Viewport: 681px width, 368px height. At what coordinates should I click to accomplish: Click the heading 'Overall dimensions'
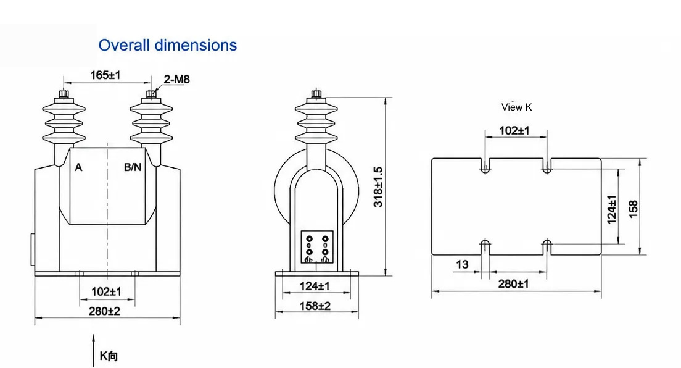click(168, 45)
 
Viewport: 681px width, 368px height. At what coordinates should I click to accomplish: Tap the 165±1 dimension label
click(105, 75)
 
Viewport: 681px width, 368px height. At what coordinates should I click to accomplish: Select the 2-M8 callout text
click(177, 79)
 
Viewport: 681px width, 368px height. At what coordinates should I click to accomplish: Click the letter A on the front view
click(78, 167)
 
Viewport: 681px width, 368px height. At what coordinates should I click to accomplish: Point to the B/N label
click(133, 167)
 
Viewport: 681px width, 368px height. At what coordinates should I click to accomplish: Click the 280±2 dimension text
click(104, 311)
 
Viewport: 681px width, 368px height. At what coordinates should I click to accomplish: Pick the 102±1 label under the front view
click(106, 291)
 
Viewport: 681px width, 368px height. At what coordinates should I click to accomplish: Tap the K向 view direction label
click(109, 356)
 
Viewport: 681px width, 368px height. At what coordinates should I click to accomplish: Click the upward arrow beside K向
click(93, 350)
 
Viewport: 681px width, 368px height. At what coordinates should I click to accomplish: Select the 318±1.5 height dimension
click(378, 186)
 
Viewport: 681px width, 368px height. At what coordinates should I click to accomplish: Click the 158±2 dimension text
click(315, 306)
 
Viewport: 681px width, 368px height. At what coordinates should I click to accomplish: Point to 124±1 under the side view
click(315, 286)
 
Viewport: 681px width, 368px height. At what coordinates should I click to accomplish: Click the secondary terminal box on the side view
click(317, 247)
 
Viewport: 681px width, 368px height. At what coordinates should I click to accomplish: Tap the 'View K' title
click(516, 107)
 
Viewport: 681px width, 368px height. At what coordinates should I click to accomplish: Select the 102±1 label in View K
click(514, 130)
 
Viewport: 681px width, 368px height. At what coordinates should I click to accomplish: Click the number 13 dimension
click(462, 264)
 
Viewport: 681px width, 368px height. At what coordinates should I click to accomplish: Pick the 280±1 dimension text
click(513, 284)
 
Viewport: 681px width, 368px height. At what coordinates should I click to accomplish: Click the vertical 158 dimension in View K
click(634, 209)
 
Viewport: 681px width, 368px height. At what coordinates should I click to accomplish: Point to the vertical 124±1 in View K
click(611, 210)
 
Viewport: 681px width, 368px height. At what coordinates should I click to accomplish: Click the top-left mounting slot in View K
click(485, 165)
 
